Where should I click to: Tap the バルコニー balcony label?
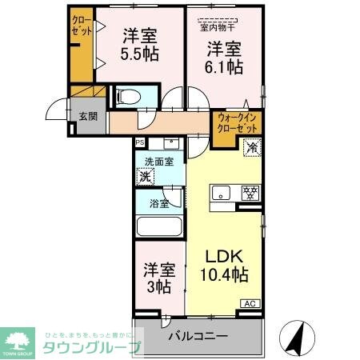pos(198,337)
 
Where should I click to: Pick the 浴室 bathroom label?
pos(158,203)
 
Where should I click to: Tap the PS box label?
pos(140,143)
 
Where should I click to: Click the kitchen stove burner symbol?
pos(250,192)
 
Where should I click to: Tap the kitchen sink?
pos(220,192)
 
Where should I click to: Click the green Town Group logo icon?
pos(20,338)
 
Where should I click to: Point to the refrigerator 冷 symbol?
pos(250,146)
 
